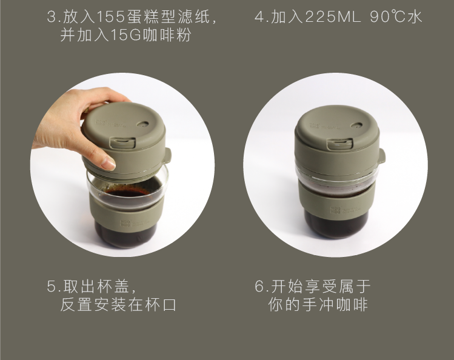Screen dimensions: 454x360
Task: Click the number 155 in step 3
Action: tap(111, 17)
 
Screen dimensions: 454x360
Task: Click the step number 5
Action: tap(52, 287)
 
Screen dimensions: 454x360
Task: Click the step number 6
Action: tap(259, 287)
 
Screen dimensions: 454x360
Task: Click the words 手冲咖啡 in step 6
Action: tap(335, 304)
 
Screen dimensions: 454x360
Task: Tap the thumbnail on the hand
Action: tap(109, 163)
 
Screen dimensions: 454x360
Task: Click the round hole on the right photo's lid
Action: tap(356, 125)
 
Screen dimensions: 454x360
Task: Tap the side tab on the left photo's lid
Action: tap(169, 155)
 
